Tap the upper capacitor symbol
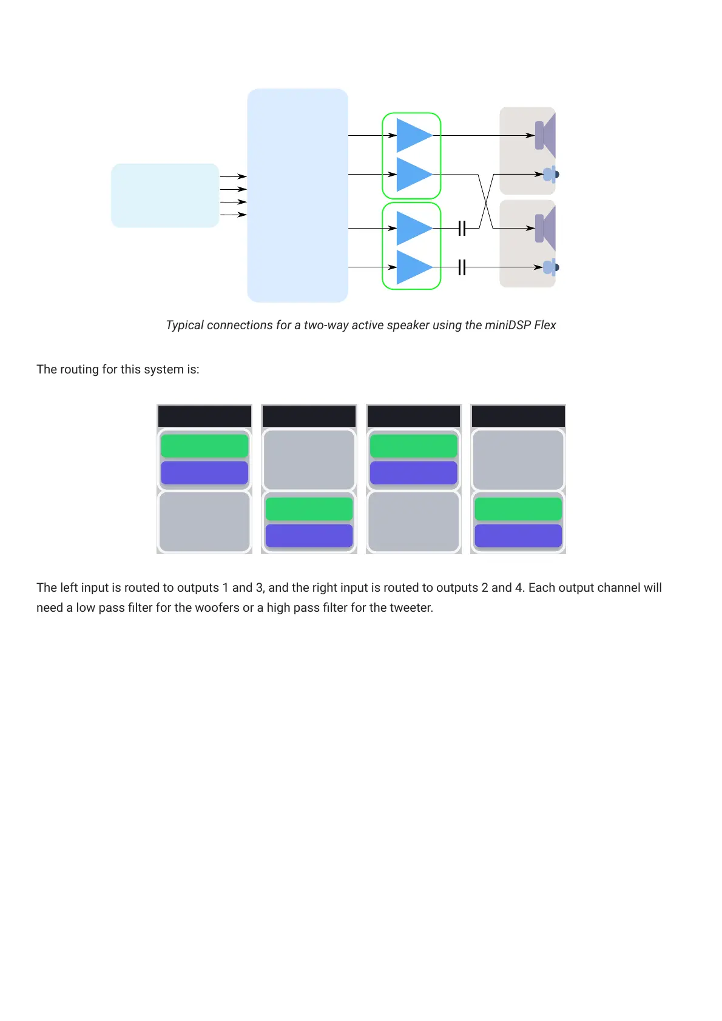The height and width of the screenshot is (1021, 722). (462, 228)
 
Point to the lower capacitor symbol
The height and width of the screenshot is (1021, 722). (462, 267)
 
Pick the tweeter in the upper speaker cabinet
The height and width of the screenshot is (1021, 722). (550, 175)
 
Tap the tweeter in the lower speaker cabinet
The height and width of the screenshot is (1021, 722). (550, 267)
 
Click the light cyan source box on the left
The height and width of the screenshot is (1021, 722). (165, 195)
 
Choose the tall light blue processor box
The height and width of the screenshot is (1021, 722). (297, 195)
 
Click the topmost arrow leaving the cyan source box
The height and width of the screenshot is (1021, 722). (233, 176)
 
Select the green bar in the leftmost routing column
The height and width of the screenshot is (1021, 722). (204, 446)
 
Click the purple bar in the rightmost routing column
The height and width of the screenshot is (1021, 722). (518, 535)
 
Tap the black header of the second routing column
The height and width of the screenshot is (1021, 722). (309, 417)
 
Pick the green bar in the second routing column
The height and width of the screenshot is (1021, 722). (309, 509)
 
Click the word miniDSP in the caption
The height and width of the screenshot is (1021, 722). (507, 325)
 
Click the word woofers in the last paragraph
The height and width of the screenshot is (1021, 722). (217, 608)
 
